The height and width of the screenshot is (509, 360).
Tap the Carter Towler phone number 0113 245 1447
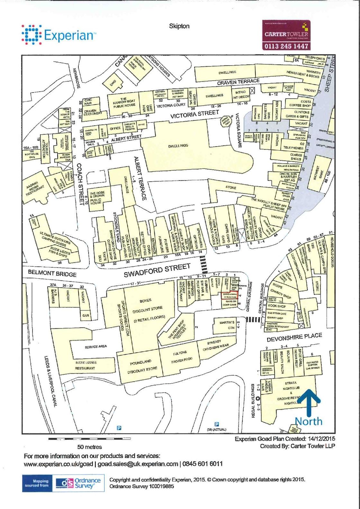pos(286,46)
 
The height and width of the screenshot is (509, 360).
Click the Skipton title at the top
pos(179,26)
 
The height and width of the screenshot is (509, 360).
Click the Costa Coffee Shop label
pos(301,103)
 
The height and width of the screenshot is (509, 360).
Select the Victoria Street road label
pos(194,114)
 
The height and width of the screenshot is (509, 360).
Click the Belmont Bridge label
pos(52,273)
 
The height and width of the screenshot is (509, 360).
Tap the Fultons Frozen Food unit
pos(181,357)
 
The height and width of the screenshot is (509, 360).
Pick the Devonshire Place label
pos(294,337)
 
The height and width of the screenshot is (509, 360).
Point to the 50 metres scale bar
pos(89,439)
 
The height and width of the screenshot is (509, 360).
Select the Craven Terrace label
pos(238,82)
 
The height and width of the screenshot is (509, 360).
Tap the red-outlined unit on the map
pos(229,295)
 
